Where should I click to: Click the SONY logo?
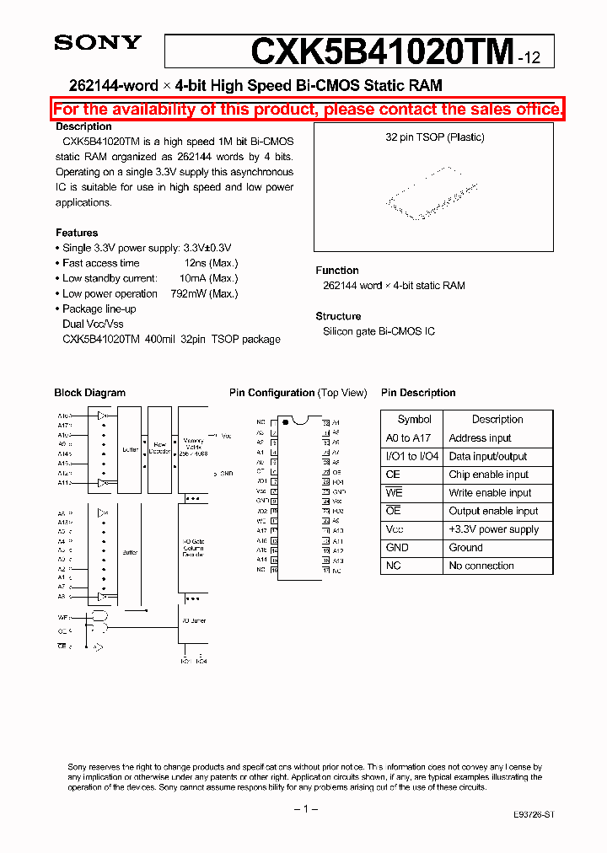tap(98, 44)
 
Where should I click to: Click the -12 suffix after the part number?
tap(536, 58)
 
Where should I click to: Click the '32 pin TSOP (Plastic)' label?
tap(434, 137)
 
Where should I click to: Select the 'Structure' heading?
tap(338, 316)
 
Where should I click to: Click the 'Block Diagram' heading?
tap(89, 393)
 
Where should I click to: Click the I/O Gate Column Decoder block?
tap(193, 548)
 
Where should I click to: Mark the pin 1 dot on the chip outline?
tap(286, 421)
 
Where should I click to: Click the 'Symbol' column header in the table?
tap(414, 419)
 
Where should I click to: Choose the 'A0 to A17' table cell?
tap(407, 438)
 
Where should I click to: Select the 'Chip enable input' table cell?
tap(488, 475)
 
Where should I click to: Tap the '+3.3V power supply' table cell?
tap(493, 529)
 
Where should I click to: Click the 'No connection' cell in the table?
tap(481, 566)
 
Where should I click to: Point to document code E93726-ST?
tap(534, 816)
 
